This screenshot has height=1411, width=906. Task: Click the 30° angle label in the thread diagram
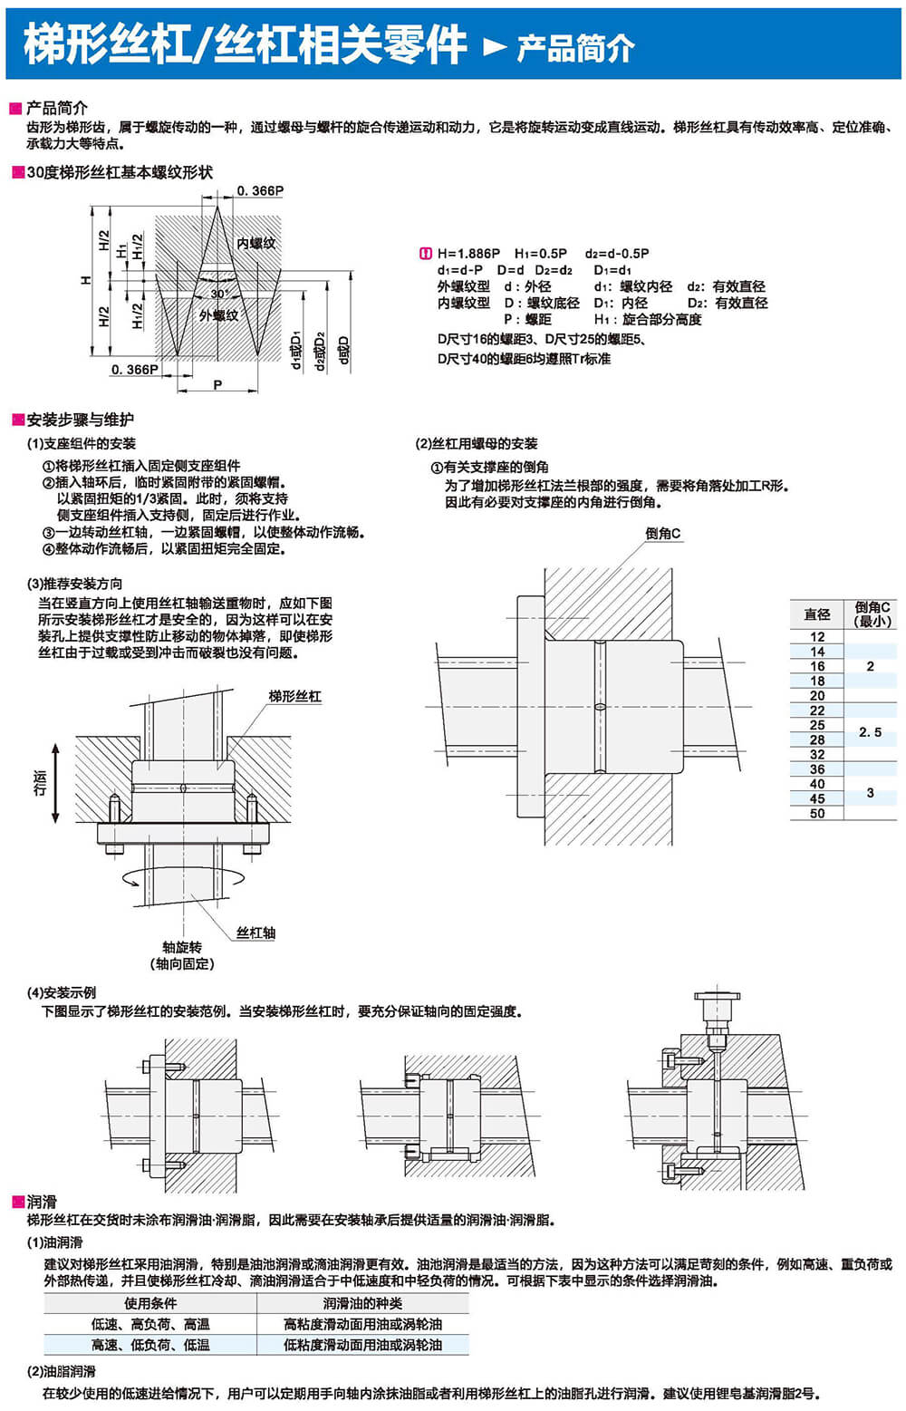(x=218, y=294)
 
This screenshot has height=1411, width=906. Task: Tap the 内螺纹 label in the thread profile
(x=255, y=243)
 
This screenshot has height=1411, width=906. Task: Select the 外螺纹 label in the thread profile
(x=218, y=315)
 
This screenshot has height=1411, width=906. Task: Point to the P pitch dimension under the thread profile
(x=217, y=385)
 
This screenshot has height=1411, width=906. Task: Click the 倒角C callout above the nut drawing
(x=663, y=534)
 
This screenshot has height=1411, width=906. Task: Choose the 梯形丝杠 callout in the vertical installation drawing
(x=294, y=696)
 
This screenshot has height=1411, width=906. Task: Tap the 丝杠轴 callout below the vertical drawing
(x=255, y=933)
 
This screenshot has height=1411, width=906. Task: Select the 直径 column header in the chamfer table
(x=817, y=614)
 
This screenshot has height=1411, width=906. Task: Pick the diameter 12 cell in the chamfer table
(x=817, y=637)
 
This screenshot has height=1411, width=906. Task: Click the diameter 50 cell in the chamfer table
(x=817, y=814)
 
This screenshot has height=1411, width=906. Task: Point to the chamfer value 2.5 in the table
(x=870, y=732)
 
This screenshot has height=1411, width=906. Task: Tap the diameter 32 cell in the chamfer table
(x=817, y=754)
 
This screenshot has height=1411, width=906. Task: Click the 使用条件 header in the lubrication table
(x=150, y=1303)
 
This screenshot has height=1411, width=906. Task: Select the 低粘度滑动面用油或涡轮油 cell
(x=362, y=1345)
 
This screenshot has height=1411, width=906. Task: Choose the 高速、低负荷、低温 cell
(x=150, y=1345)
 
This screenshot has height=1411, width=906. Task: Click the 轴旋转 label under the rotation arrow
(x=182, y=947)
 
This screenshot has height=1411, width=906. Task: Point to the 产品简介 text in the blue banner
(x=575, y=48)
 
